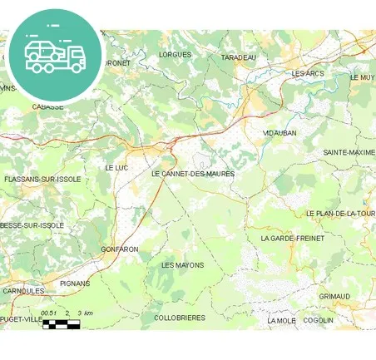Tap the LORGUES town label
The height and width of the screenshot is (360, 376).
click(x=175, y=55)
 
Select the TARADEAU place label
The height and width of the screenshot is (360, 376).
click(x=239, y=57)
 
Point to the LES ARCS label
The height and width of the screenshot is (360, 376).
click(x=308, y=74)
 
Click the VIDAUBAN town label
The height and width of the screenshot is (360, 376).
click(x=280, y=133)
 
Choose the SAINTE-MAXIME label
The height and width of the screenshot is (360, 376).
click(x=349, y=153)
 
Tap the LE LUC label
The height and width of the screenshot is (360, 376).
click(x=116, y=168)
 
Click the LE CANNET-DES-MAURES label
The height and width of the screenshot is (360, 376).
click(x=193, y=175)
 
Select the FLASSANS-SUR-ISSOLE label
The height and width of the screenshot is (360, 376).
click(x=42, y=180)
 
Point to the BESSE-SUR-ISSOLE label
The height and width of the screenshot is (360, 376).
click(x=32, y=225)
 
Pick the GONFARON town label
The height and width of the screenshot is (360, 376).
click(x=119, y=249)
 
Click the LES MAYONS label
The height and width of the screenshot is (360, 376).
click(x=182, y=265)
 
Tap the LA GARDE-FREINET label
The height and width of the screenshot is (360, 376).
click(x=292, y=238)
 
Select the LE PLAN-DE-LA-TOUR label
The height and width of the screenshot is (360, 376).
click(x=341, y=214)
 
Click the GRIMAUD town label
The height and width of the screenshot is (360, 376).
click(x=334, y=296)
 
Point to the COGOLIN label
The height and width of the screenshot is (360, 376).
click(x=318, y=320)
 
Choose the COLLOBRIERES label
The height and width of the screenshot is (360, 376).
click(x=179, y=318)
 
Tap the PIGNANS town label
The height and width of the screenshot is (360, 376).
click(x=76, y=284)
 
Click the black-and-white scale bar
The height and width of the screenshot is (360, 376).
click(x=62, y=323)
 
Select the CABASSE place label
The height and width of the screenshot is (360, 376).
click(x=47, y=107)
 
